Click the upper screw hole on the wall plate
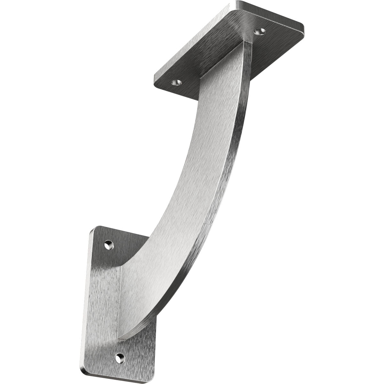pyautogui.click(x=109, y=245)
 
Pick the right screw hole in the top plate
pyautogui.click(x=260, y=31)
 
